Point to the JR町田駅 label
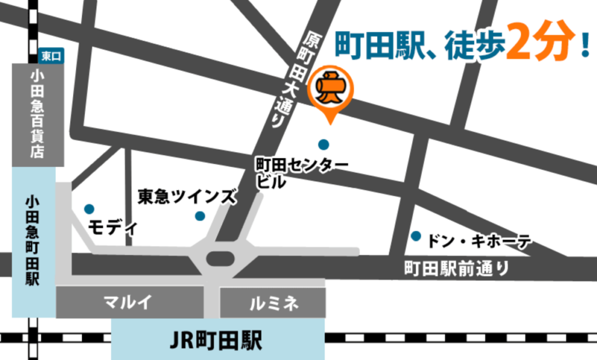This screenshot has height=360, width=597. [217, 339]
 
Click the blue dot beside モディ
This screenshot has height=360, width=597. [89, 209]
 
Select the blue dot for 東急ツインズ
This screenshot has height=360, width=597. [200, 216]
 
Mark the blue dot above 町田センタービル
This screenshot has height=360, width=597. [324, 144]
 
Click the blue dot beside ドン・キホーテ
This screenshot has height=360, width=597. [416, 236]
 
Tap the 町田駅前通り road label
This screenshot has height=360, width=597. [456, 269]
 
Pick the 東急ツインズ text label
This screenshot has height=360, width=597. [187, 197]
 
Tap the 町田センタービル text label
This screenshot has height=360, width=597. [301, 172]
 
